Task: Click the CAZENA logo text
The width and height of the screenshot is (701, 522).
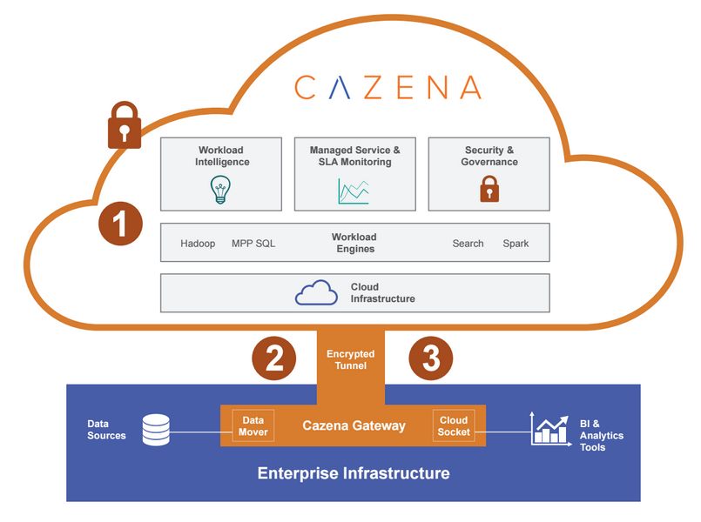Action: [x=387, y=87]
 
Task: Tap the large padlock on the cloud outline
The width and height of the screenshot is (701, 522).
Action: [x=124, y=125]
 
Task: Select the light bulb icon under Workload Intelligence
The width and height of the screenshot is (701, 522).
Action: [x=221, y=190]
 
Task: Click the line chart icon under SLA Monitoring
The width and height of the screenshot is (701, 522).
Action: [x=354, y=191]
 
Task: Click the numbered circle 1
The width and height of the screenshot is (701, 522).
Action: [x=120, y=224]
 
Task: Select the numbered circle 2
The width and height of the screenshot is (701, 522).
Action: [x=274, y=358]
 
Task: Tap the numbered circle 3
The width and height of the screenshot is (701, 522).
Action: [x=431, y=358]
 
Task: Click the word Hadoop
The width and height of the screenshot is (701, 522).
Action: [x=198, y=244]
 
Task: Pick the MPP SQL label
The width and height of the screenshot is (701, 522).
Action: [x=253, y=244]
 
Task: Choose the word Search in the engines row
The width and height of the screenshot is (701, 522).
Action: [x=468, y=244]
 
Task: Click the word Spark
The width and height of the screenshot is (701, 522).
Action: [x=516, y=244]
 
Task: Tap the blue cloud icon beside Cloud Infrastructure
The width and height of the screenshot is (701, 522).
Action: [x=316, y=293]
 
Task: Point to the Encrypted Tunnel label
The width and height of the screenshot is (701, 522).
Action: [x=351, y=359]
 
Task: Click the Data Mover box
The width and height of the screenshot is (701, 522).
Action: [x=253, y=425]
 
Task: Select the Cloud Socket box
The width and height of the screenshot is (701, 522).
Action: [x=454, y=425]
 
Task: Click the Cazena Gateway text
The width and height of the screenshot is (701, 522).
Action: [x=354, y=425]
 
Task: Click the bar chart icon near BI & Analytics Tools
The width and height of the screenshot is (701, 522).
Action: [x=549, y=428]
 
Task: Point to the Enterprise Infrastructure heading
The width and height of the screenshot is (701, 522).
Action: [x=354, y=474]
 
